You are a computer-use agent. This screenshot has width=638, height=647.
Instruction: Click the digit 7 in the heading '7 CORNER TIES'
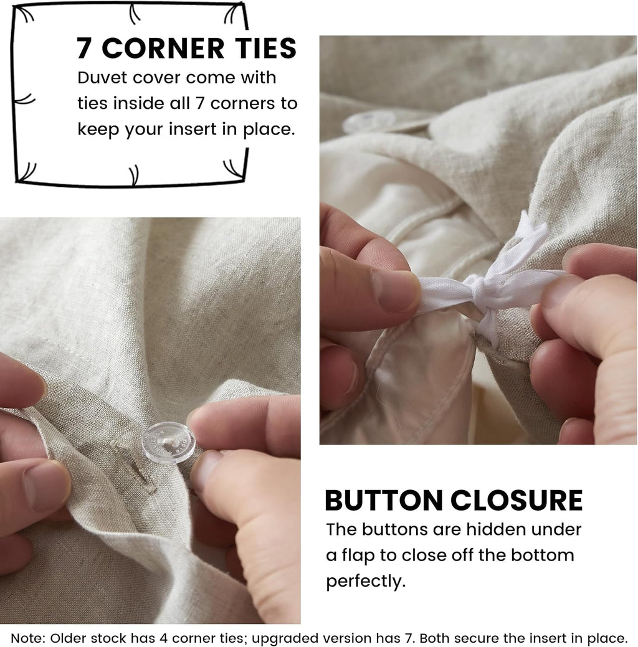point(84,49)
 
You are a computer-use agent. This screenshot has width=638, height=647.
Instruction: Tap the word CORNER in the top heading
point(163,49)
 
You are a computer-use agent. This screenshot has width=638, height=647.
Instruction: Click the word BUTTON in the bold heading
point(384,500)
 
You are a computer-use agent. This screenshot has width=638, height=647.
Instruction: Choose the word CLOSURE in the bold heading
point(517,500)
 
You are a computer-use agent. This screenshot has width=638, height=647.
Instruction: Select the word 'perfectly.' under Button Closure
point(366,582)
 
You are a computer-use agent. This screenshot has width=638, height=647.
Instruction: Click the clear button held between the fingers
point(168,443)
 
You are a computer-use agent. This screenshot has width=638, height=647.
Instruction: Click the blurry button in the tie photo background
point(369,121)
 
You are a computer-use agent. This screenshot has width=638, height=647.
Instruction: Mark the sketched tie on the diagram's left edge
point(24,100)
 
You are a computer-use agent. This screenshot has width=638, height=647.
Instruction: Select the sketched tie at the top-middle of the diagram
point(134,14)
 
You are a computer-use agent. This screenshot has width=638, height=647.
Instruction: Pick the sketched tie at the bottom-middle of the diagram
point(134,175)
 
